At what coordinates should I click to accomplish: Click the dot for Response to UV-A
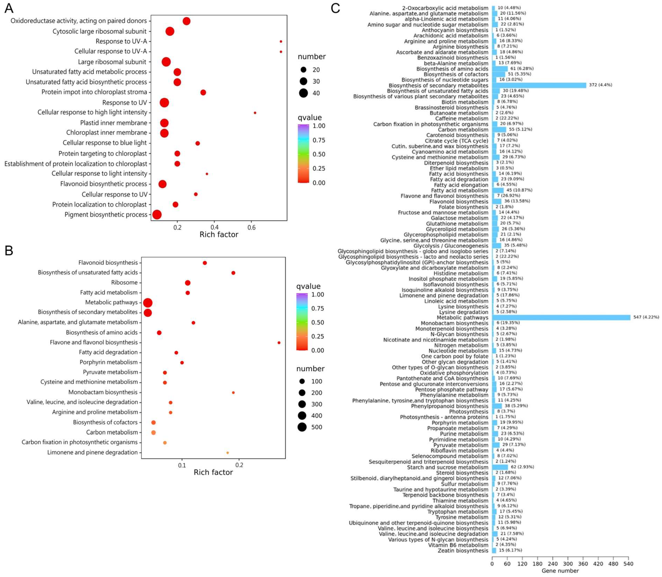click(281, 41)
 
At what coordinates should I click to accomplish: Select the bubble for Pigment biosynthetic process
click(157, 215)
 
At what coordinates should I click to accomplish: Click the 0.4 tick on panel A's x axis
click(215, 227)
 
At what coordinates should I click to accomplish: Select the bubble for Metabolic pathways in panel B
click(148, 303)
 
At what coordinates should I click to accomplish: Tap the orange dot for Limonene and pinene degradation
click(228, 453)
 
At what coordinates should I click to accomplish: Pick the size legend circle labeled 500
click(302, 427)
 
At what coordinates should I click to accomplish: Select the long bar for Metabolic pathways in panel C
click(561, 318)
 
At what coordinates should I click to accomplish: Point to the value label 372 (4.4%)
click(601, 85)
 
